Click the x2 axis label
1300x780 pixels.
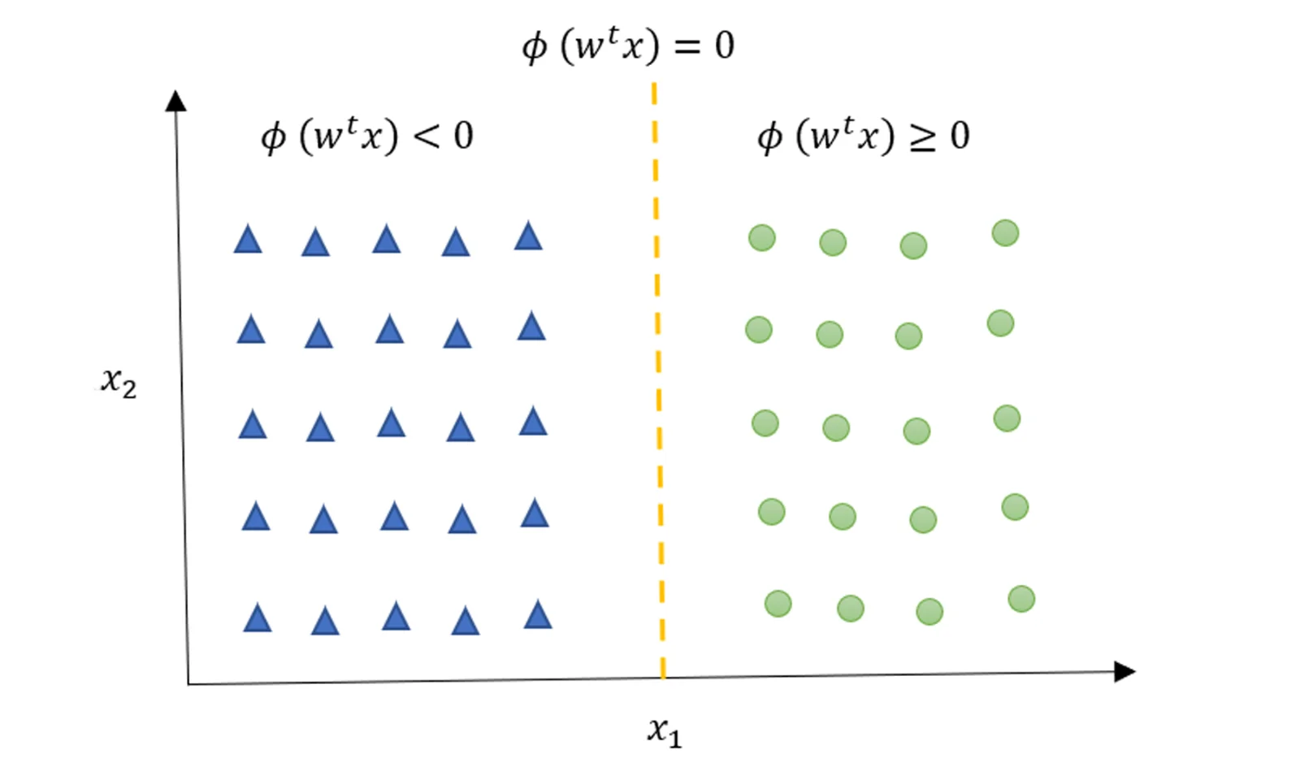[x=119, y=381]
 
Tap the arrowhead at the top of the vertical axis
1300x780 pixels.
[x=175, y=101]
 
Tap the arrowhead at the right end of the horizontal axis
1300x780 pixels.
[x=1124, y=671]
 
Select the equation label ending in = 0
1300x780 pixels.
[x=628, y=45]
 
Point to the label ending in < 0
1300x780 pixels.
[x=366, y=136]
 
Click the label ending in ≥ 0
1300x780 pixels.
[x=863, y=136]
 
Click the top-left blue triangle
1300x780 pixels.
[x=248, y=240]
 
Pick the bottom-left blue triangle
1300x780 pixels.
[x=258, y=620]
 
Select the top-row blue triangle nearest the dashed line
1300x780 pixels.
[x=528, y=237]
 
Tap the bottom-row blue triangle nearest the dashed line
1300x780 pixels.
[x=538, y=616]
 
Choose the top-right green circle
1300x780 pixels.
[x=1005, y=233]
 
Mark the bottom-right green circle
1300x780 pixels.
[x=1021, y=599]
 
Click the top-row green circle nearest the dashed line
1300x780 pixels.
[x=761, y=238]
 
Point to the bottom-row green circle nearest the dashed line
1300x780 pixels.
[x=778, y=604]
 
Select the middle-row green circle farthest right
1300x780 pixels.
[x=1007, y=418]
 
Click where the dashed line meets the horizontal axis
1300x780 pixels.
[x=663, y=677]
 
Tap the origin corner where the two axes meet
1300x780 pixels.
[x=188, y=683]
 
